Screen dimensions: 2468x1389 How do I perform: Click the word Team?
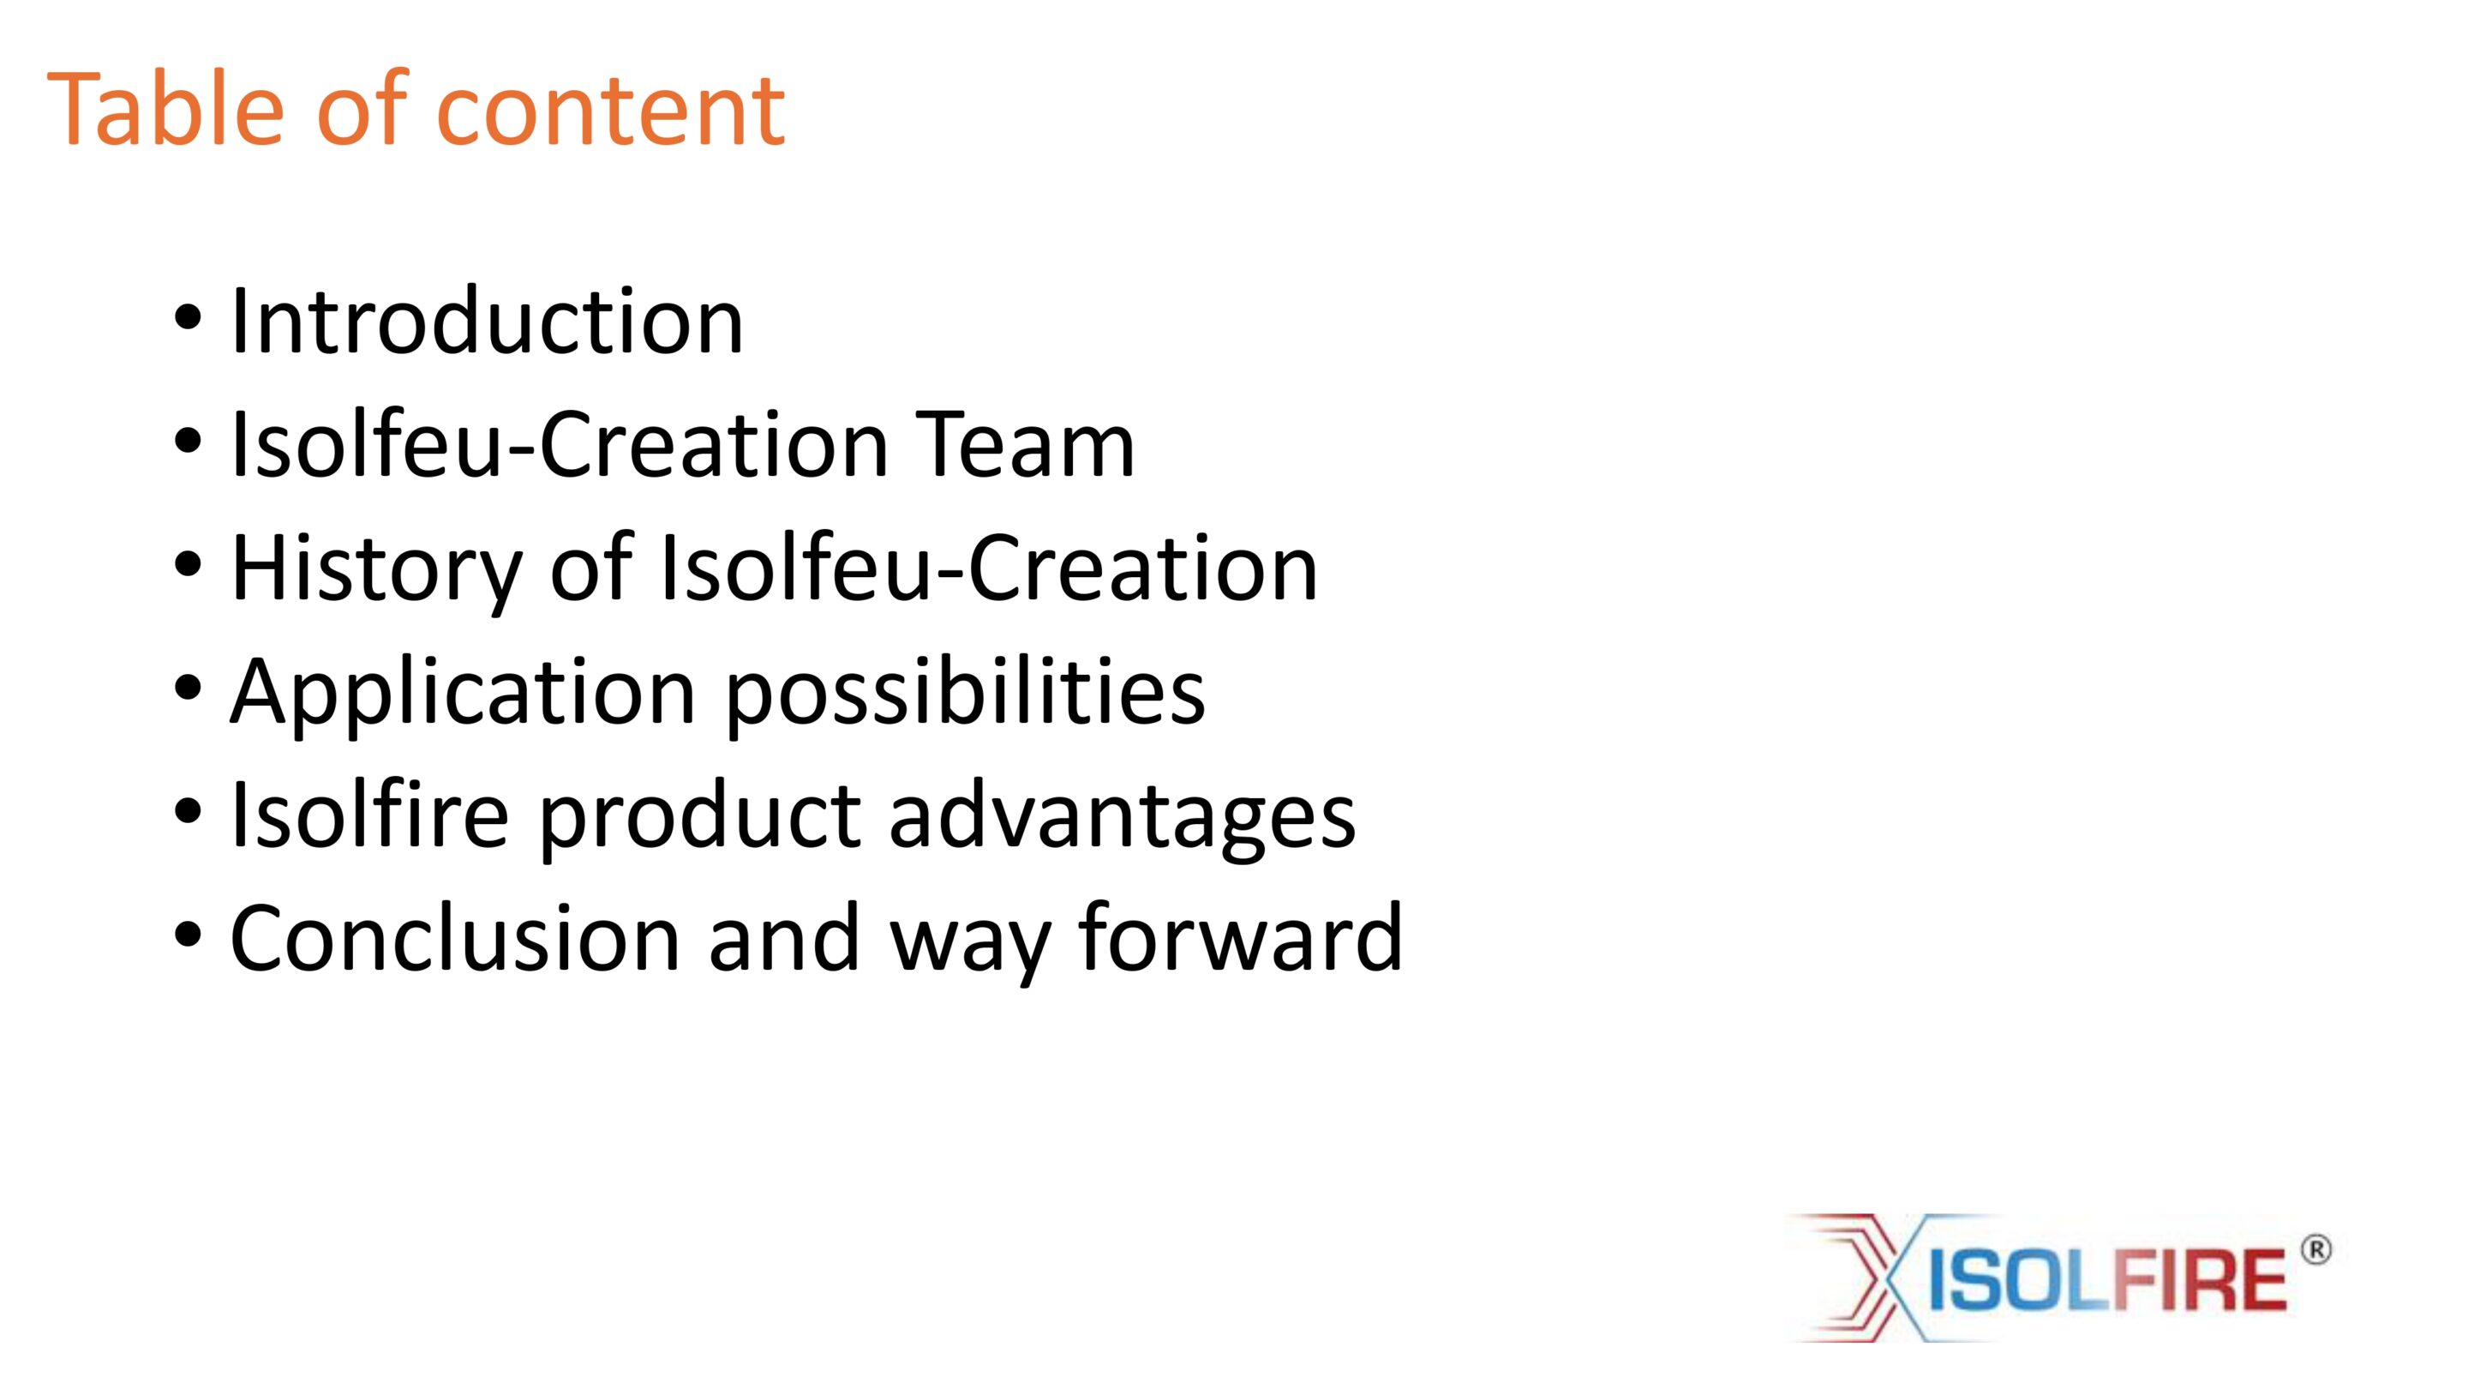tap(1025, 443)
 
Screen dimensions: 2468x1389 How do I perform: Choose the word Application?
tap(463, 696)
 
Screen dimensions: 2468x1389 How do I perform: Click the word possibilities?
tap(966, 696)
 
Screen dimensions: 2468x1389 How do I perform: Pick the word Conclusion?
tap(455, 936)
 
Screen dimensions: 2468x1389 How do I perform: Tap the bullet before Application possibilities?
tap(188, 688)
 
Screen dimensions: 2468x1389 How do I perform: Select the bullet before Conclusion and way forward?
tap(188, 934)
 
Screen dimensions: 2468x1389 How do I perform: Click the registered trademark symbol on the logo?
tap(2315, 1250)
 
